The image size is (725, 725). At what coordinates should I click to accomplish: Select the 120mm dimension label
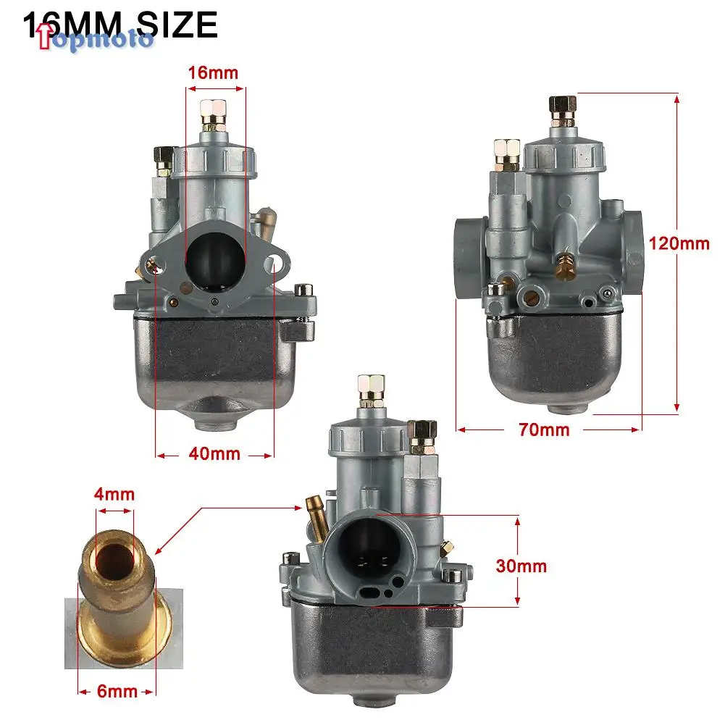679,243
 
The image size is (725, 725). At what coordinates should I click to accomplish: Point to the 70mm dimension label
544,429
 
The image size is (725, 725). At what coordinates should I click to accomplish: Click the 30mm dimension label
521,566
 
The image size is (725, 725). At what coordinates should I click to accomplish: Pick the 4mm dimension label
114,495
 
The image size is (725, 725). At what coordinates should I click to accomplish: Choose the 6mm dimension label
117,691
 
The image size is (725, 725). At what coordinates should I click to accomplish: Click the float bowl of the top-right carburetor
555,355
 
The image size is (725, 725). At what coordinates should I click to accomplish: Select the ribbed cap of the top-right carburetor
564,154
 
